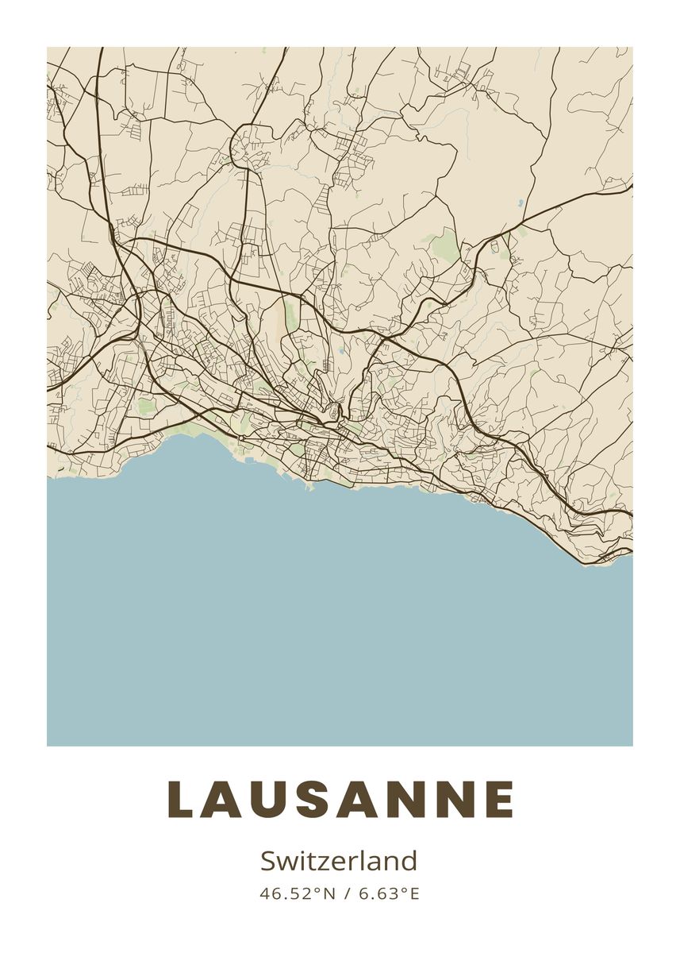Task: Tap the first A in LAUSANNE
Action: tap(227, 799)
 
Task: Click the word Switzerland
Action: tap(339, 861)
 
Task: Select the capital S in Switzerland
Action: tap(267, 861)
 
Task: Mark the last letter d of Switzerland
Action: tap(409, 861)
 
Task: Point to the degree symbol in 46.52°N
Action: tap(320, 889)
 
